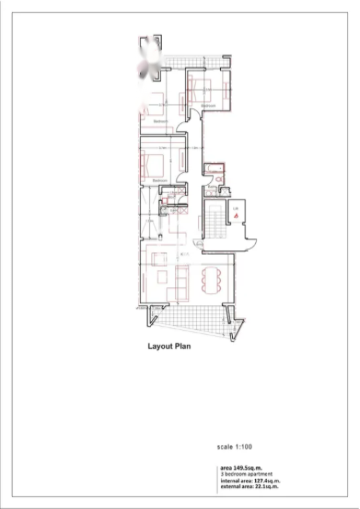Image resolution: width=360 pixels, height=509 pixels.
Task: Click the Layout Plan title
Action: (x=168, y=345)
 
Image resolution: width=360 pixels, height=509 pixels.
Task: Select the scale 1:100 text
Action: (x=235, y=446)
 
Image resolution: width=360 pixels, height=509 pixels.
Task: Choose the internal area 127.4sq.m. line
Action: (x=250, y=481)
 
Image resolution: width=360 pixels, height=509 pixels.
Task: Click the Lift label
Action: (x=235, y=207)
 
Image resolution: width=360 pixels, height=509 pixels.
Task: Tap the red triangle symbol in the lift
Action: (x=235, y=214)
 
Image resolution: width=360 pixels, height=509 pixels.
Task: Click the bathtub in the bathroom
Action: (x=215, y=168)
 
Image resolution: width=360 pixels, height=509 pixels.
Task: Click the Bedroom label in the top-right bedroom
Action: (x=208, y=106)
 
